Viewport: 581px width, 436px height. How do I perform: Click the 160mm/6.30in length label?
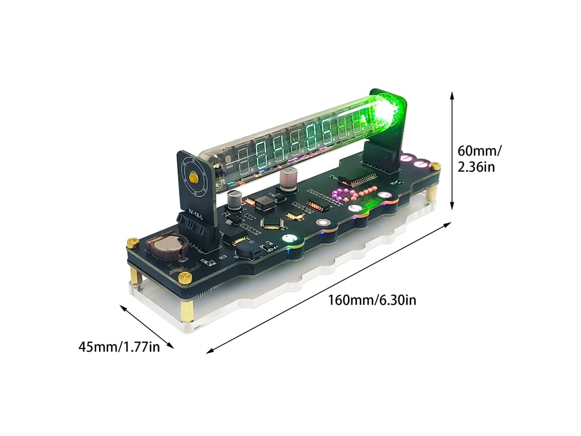pos(372,300)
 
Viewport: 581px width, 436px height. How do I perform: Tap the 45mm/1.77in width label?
pos(119,347)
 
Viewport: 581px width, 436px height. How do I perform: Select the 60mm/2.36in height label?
pos(480,159)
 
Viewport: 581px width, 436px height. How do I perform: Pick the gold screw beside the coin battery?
pos(133,243)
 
